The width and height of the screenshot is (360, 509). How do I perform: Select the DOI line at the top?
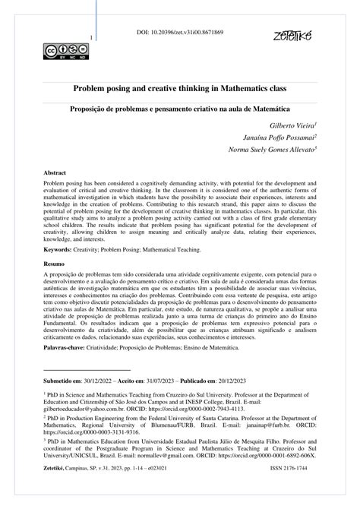tap(180, 34)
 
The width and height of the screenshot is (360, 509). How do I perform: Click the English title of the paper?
tap(180, 89)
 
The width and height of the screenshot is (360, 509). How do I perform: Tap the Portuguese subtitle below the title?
tap(180, 109)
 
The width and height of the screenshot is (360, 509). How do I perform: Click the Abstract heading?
tap(55, 173)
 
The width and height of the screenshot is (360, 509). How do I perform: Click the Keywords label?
tap(62, 248)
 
